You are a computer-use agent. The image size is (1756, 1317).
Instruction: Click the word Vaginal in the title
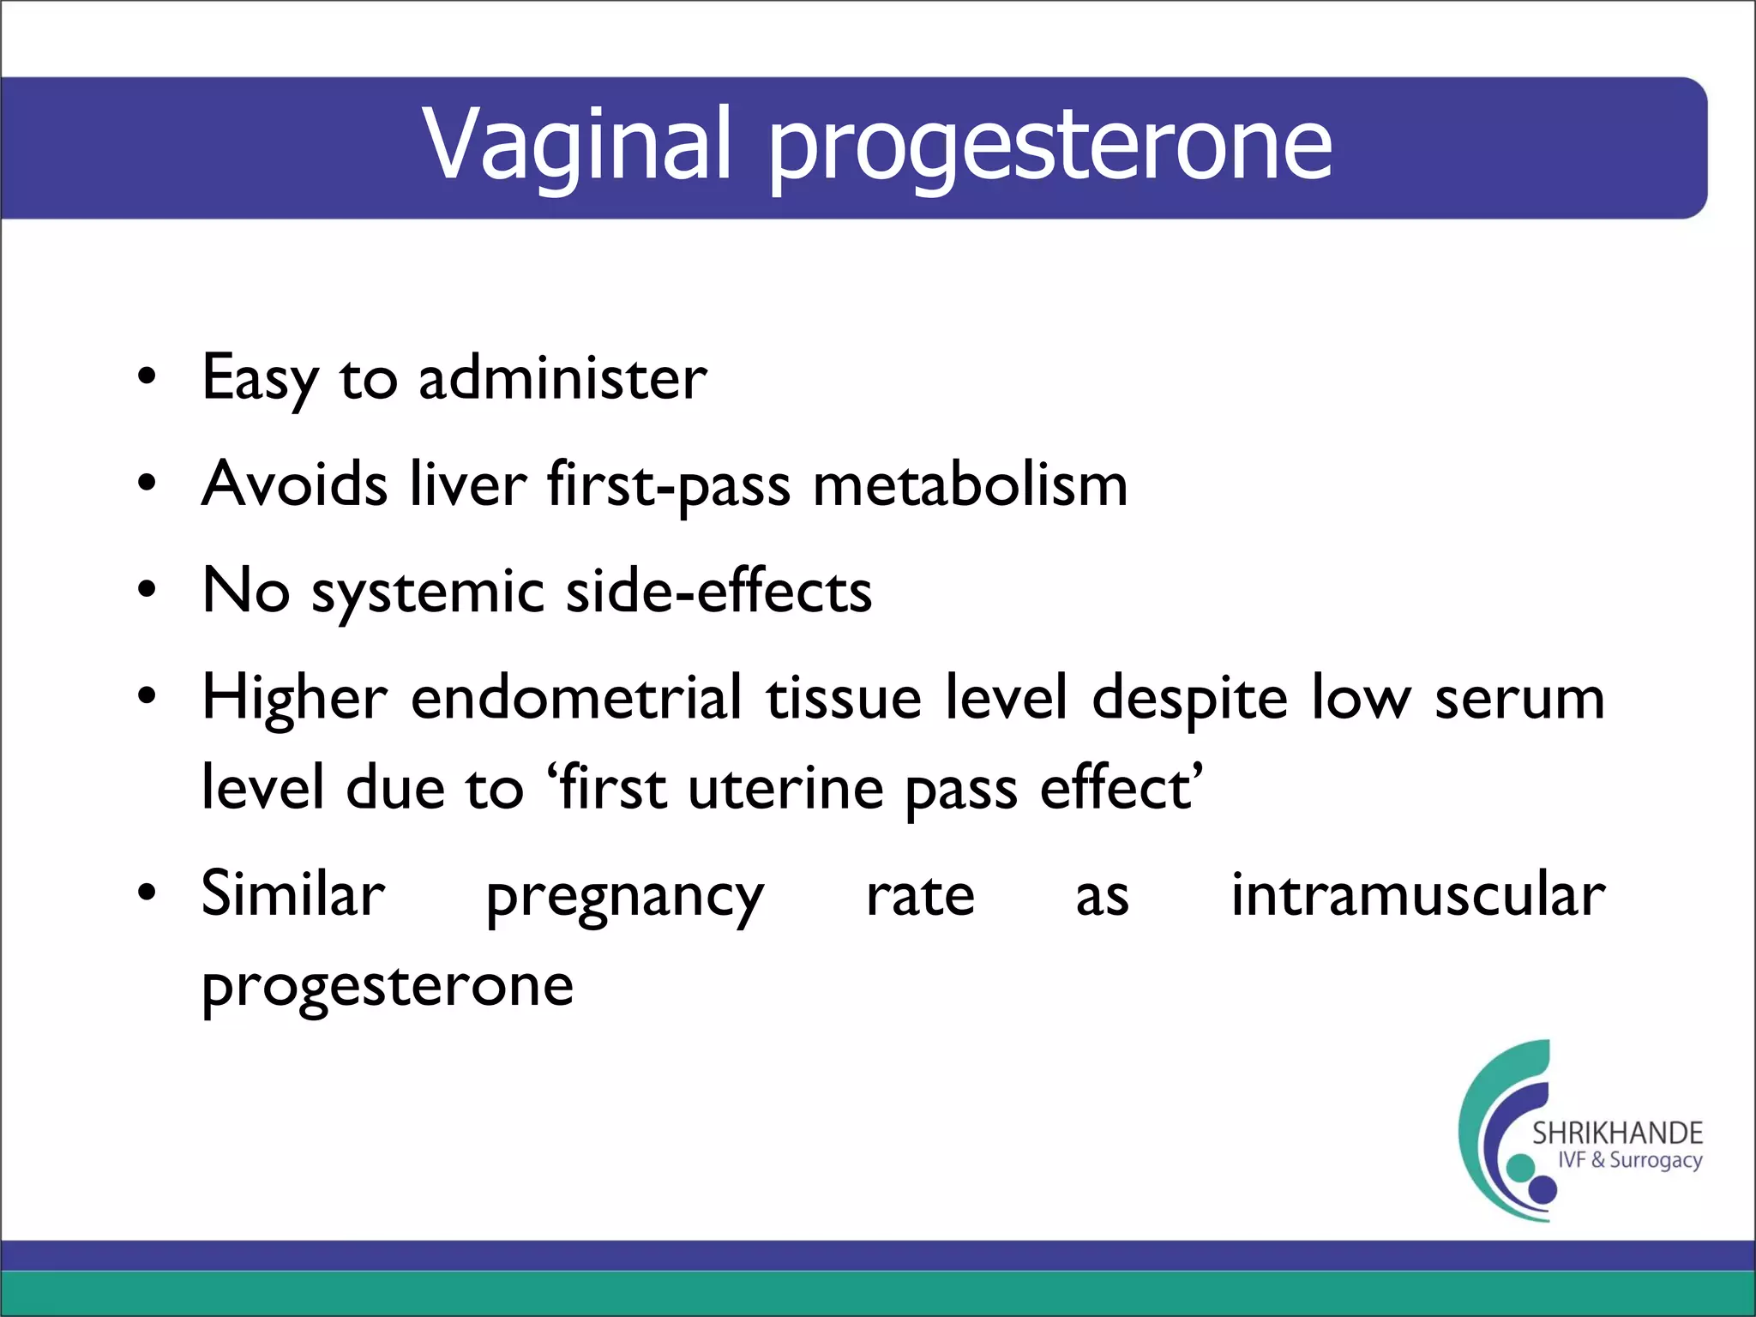[577, 146]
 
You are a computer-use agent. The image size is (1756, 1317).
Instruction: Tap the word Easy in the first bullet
[259, 379]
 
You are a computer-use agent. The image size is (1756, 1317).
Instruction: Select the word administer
[562, 379]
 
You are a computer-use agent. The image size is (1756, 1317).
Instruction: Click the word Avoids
[294, 484]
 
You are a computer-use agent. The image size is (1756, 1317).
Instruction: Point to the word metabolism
[970, 484]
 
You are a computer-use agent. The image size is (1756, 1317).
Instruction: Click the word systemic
[428, 592]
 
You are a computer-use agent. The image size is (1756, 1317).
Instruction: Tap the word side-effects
[719, 591]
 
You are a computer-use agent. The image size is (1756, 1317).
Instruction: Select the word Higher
[294, 699]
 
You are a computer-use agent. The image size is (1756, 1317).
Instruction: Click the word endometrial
[576, 697]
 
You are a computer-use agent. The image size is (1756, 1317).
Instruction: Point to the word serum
[1519, 699]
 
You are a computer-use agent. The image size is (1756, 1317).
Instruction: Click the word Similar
[293, 894]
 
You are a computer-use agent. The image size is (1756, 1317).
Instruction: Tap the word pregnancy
[624, 898]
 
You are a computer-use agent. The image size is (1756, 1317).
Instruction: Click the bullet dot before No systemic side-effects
[147, 591]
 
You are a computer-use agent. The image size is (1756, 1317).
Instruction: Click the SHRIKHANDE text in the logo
[1617, 1134]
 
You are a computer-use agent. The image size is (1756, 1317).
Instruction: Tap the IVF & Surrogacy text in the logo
[1629, 1160]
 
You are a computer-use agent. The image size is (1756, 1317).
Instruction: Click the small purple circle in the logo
[1543, 1189]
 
